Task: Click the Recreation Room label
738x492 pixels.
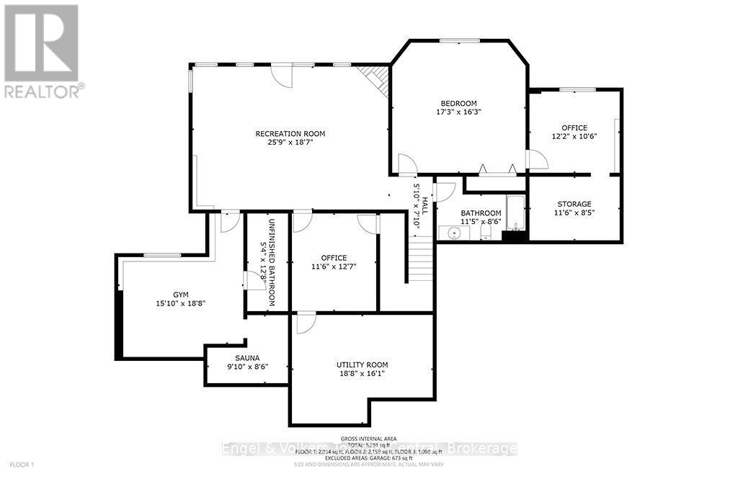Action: (x=290, y=133)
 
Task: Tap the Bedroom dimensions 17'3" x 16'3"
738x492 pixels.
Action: (x=459, y=112)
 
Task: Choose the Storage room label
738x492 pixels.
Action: (x=573, y=204)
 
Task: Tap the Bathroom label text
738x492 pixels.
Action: (x=481, y=213)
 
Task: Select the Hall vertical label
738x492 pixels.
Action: (x=424, y=205)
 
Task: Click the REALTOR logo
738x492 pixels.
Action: (x=43, y=50)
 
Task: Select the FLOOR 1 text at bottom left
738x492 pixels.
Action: (x=22, y=465)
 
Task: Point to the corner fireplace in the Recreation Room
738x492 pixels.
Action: (x=375, y=76)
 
